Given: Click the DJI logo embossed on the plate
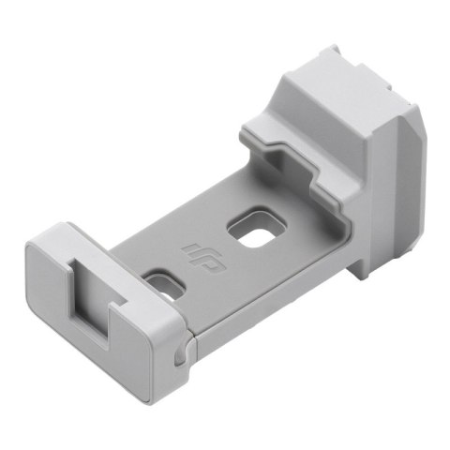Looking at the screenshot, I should click(x=194, y=250).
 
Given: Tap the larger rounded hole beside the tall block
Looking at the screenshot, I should click(x=256, y=231).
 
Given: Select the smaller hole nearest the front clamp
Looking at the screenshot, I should click(x=163, y=283).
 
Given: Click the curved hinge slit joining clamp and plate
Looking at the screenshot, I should click(x=184, y=349).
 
